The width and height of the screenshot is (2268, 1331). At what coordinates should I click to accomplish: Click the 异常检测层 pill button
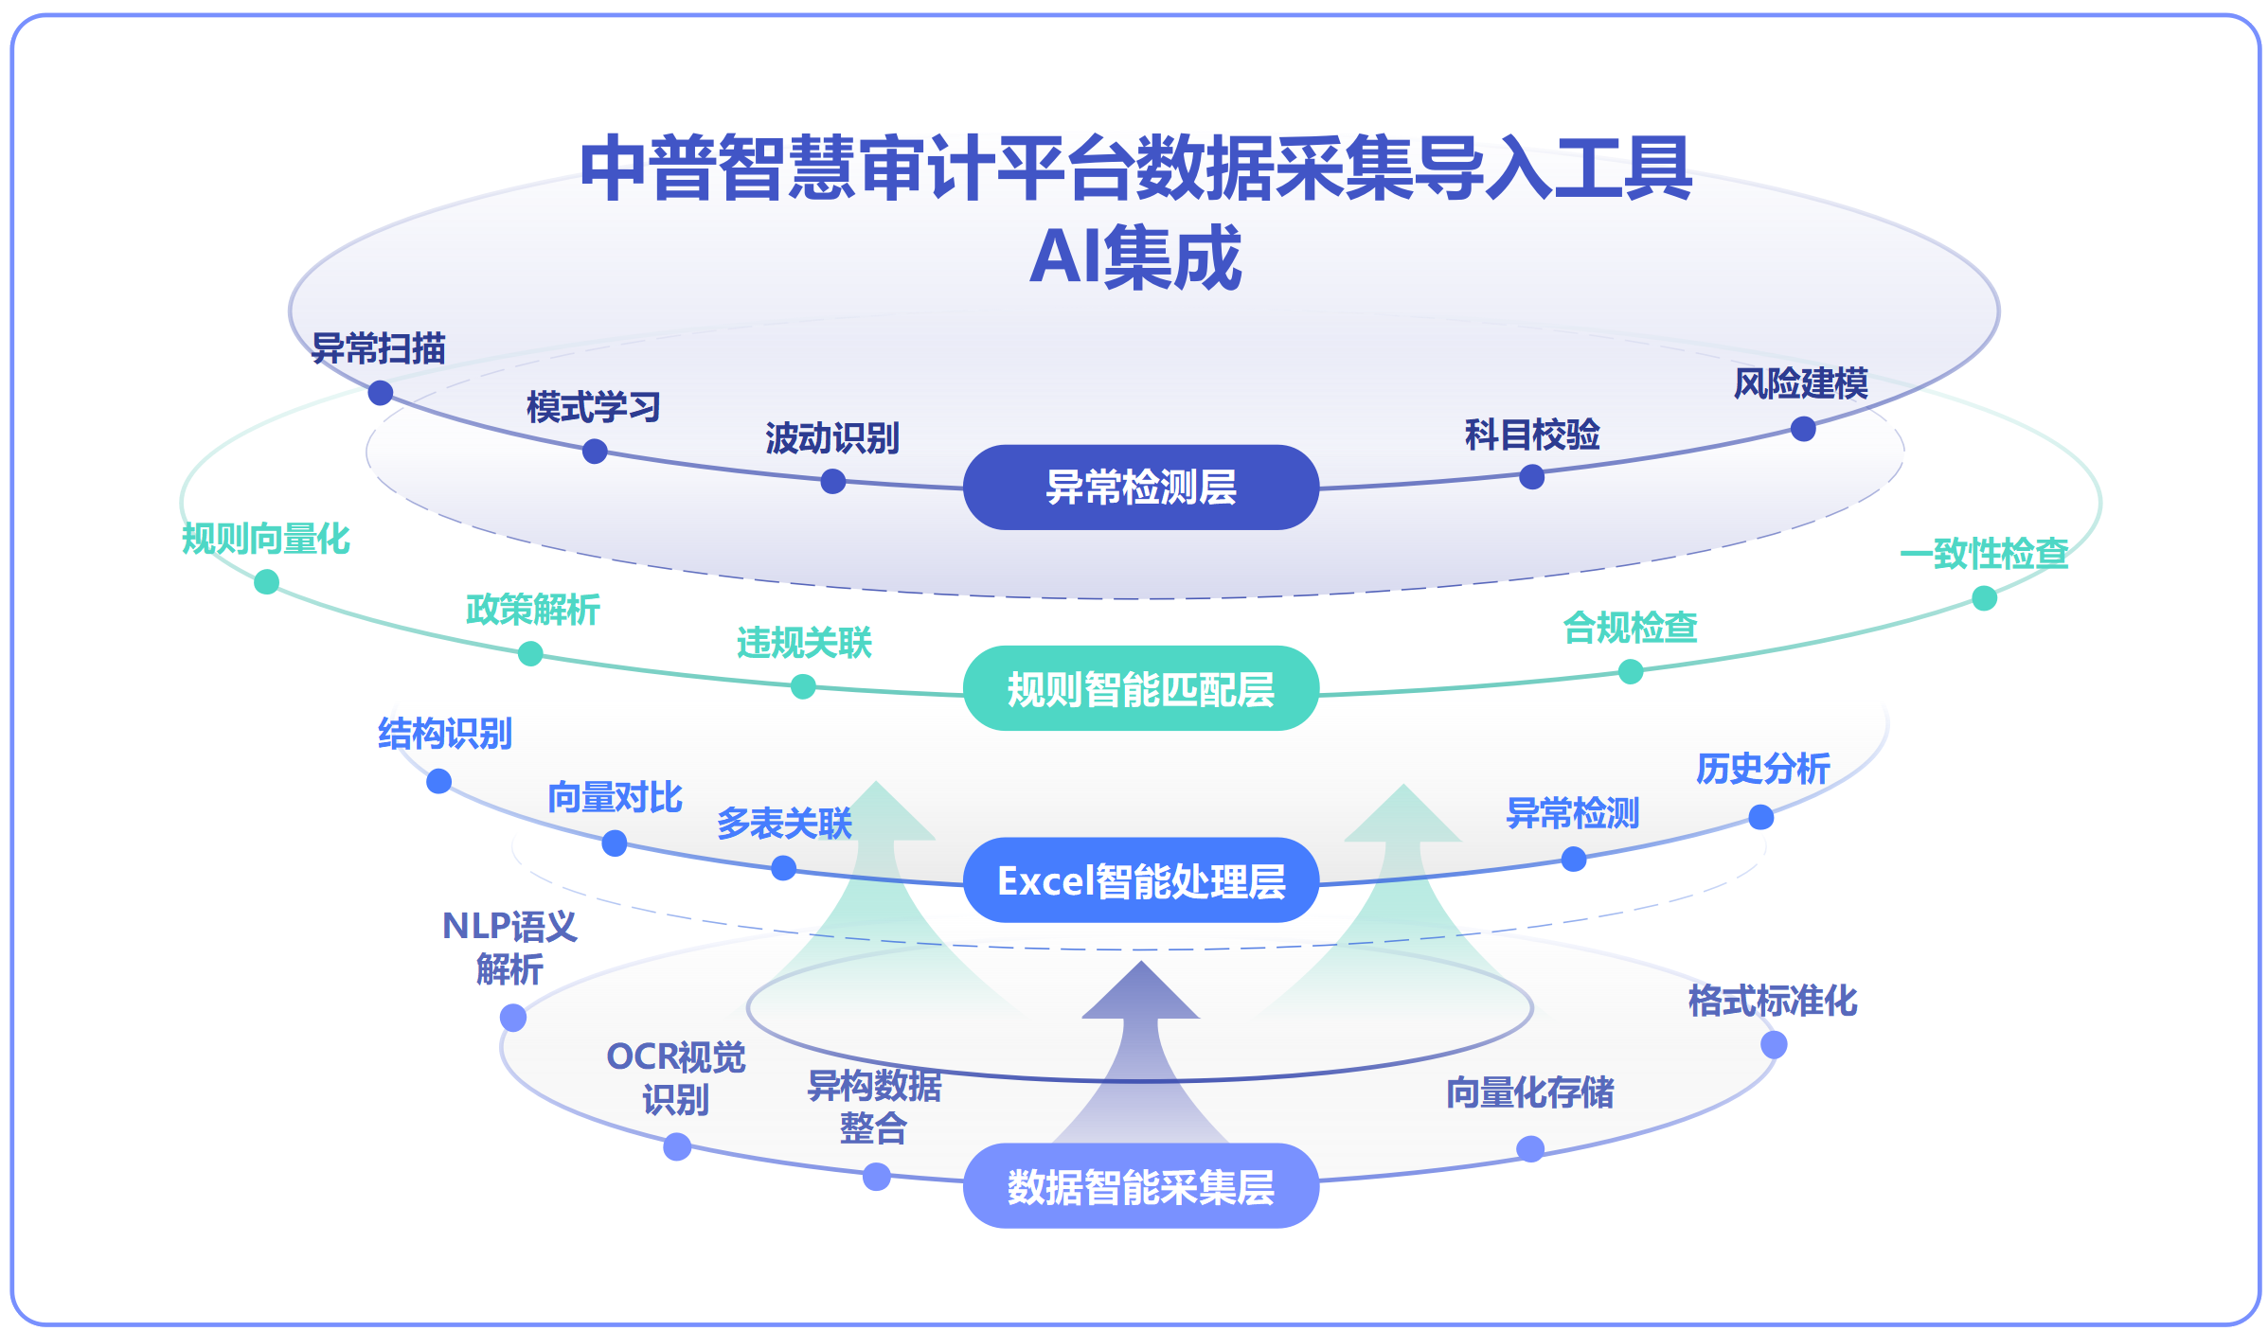[1140, 488]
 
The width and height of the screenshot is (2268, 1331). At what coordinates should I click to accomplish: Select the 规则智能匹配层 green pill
[1140, 688]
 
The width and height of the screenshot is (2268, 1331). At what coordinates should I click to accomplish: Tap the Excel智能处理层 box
[1140, 880]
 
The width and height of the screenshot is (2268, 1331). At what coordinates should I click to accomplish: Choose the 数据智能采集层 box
[1140, 1186]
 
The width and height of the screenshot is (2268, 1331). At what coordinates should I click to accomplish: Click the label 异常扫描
[379, 348]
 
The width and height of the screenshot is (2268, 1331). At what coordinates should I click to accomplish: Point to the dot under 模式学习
[595, 452]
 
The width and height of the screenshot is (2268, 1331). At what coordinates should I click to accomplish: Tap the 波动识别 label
[832, 438]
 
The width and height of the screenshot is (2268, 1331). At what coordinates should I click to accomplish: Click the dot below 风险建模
[1803, 429]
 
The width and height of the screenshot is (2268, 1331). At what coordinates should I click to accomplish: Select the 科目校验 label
[1532, 435]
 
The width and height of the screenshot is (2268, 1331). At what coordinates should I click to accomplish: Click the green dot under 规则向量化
[267, 581]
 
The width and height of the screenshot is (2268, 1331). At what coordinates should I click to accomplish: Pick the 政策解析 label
[533, 610]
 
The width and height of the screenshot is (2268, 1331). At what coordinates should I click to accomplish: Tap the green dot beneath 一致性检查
[1985, 598]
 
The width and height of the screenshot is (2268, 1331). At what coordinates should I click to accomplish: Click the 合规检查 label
[1631, 627]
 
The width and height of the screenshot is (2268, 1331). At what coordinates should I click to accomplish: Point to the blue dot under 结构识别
[438, 781]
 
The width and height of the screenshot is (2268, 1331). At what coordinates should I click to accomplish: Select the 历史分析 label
[1762, 768]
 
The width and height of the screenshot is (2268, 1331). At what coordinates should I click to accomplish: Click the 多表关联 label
[784, 823]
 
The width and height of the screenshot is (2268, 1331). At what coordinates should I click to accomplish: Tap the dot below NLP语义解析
[513, 1018]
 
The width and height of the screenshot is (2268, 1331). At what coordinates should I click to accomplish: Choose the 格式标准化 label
[1773, 1001]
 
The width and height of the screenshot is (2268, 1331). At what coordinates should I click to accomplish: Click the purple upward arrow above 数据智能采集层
[1141, 1051]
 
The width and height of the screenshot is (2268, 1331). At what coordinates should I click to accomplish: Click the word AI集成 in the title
[1135, 257]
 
